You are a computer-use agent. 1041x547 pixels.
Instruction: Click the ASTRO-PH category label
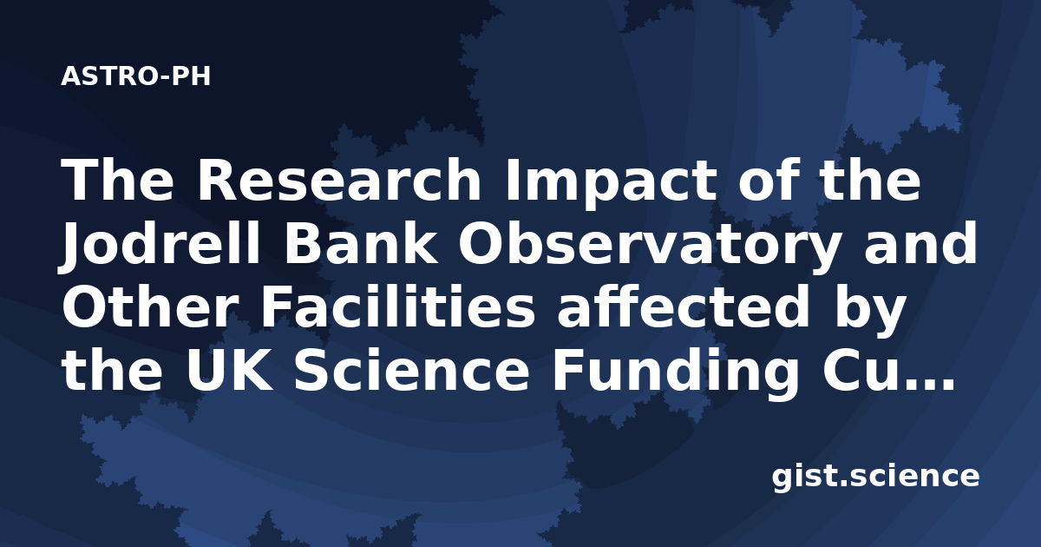coord(135,76)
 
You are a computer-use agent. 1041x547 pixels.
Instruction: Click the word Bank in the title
coord(360,243)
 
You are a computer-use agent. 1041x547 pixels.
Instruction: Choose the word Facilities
coord(398,306)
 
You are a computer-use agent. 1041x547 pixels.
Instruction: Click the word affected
coord(684,306)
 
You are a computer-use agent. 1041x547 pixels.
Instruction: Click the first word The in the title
coord(118,180)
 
